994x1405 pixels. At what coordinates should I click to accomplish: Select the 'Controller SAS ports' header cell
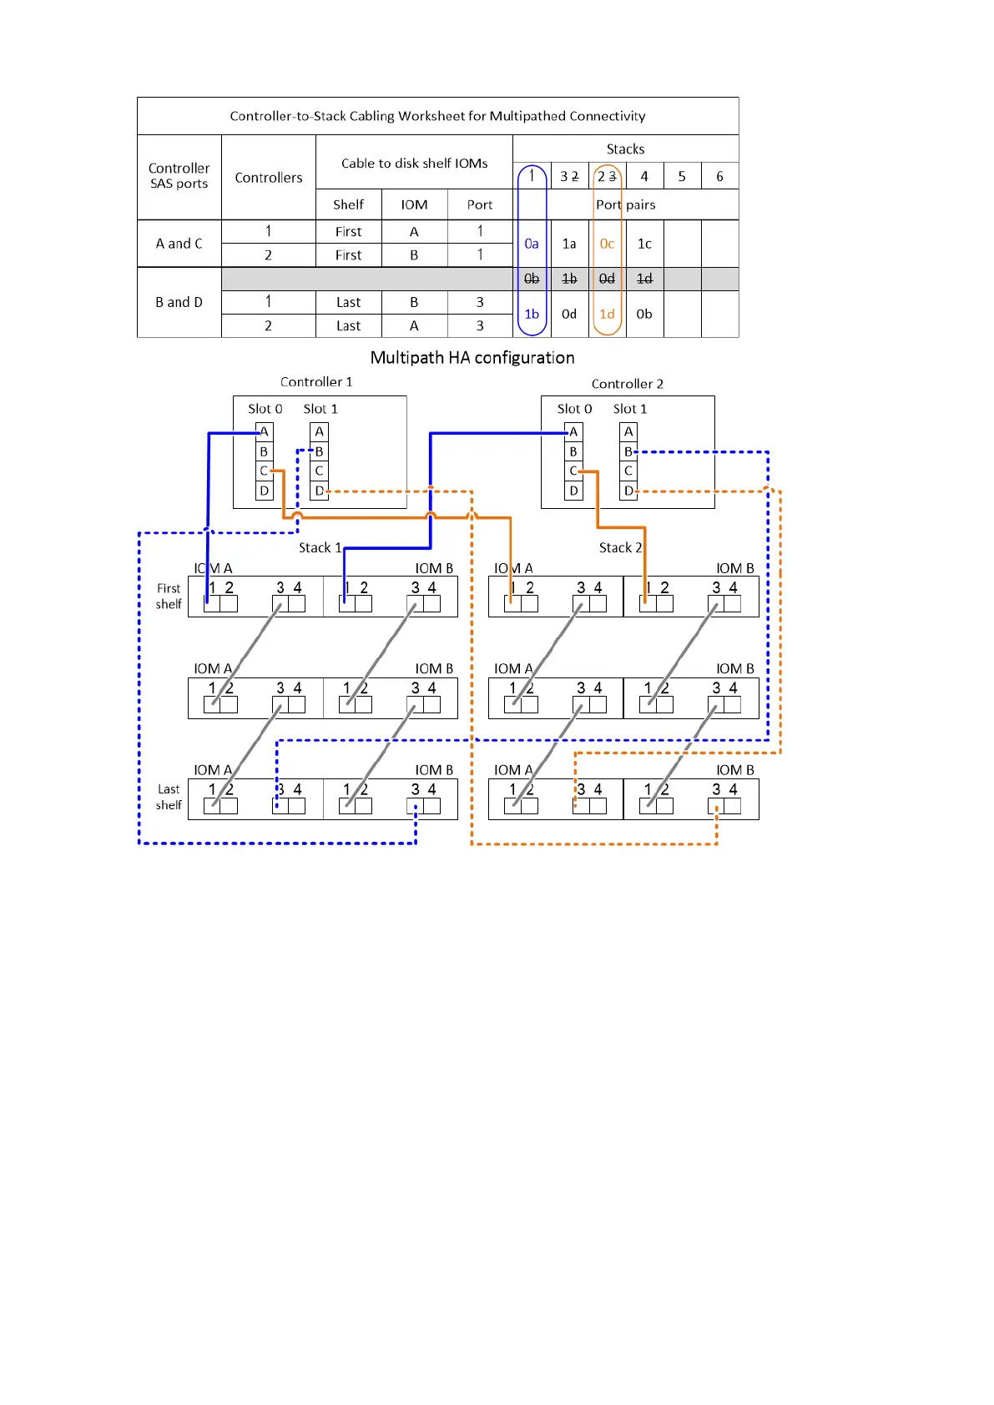179,176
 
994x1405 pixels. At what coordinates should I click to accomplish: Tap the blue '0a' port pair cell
532,244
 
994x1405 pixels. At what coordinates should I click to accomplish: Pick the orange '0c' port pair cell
607,244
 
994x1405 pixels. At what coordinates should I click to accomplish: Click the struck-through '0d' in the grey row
607,279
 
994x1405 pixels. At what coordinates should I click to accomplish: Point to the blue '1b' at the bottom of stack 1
532,314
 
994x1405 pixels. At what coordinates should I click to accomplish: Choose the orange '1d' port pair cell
607,314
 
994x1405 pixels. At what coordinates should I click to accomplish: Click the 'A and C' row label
179,244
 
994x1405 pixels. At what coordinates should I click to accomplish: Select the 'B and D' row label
179,302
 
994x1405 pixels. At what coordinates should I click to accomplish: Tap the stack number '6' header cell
719,176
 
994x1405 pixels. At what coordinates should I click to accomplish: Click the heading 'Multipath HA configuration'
472,358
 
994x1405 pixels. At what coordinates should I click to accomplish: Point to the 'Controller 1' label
316,381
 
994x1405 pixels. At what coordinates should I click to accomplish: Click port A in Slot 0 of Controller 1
265,431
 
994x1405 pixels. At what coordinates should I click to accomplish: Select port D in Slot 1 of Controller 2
628,491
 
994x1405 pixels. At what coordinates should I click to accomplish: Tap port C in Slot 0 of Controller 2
573,471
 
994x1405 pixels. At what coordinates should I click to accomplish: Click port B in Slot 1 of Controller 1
320,451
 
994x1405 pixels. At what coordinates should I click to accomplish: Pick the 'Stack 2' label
620,547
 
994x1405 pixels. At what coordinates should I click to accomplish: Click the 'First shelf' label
169,596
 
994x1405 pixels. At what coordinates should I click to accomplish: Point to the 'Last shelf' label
169,797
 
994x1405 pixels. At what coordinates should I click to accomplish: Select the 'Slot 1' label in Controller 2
630,409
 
